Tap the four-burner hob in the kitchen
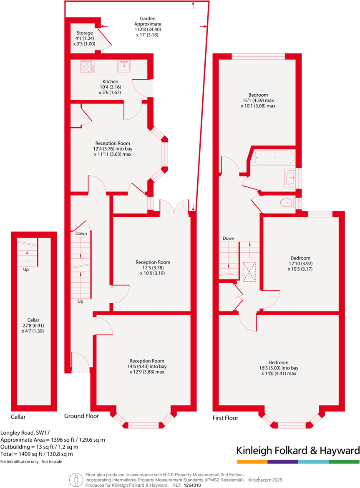(x=87, y=67)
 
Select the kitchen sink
(x=124, y=66)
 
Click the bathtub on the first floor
(x=273, y=158)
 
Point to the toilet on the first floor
(x=287, y=203)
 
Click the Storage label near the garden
(x=85, y=33)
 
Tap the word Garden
(x=148, y=19)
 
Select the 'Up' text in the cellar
(x=26, y=269)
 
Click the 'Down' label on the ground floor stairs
(x=81, y=233)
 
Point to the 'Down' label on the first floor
(x=228, y=239)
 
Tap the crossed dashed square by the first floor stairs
(x=249, y=272)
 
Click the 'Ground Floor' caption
(x=81, y=416)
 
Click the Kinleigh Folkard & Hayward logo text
(x=298, y=450)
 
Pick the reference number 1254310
(x=193, y=485)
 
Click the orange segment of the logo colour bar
(x=252, y=462)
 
